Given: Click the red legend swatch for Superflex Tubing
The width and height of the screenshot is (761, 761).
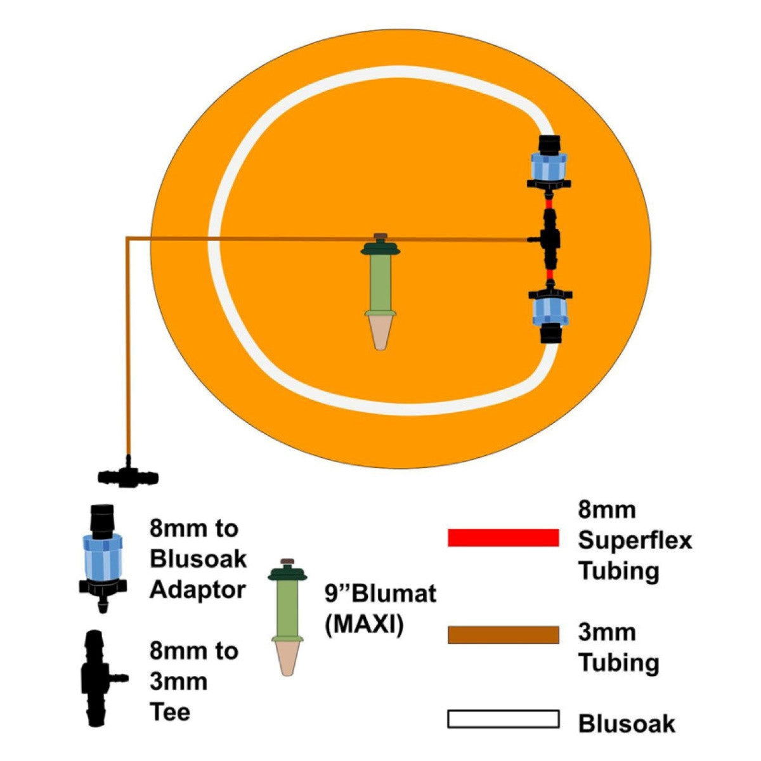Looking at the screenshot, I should click(503, 537).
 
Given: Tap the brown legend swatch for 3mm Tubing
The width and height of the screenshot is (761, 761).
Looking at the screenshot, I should click(503, 635).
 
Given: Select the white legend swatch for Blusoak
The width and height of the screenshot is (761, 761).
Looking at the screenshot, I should click(503, 719).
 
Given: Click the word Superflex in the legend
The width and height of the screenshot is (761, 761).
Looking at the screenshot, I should click(635, 541).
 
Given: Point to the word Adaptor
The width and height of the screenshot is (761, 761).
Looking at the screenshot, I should click(197, 590).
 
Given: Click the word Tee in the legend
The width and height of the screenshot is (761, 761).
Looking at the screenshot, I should click(169, 712).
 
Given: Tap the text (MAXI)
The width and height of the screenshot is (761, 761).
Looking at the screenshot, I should click(364, 625).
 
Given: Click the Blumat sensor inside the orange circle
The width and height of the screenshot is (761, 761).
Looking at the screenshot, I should click(380, 285).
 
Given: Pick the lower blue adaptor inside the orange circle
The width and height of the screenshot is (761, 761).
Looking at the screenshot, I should click(550, 313).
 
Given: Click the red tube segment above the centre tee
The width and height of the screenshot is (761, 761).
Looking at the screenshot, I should click(549, 202).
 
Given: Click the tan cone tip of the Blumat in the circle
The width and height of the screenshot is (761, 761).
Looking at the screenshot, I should click(380, 333).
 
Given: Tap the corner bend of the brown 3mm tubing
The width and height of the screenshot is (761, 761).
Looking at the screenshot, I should click(128, 238).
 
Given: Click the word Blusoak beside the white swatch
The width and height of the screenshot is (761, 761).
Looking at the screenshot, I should click(627, 724).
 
